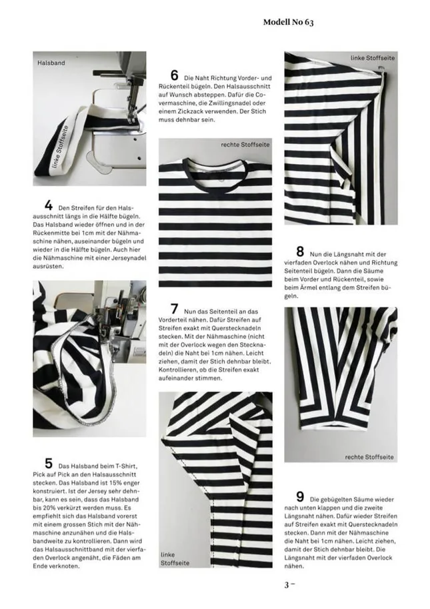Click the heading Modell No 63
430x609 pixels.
coord(288,22)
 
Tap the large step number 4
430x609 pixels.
coord(49,205)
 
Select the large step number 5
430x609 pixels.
coord(49,463)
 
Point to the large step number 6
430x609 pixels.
coord(175,76)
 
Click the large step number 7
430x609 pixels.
coord(175,309)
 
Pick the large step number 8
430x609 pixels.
coord(300,252)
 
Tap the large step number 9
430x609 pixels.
coord(300,497)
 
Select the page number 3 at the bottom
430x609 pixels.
coord(287,585)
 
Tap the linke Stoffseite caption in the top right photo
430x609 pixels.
coord(373,59)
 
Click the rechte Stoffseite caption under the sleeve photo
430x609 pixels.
coord(369,457)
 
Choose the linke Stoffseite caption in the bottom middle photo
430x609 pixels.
coord(175,559)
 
